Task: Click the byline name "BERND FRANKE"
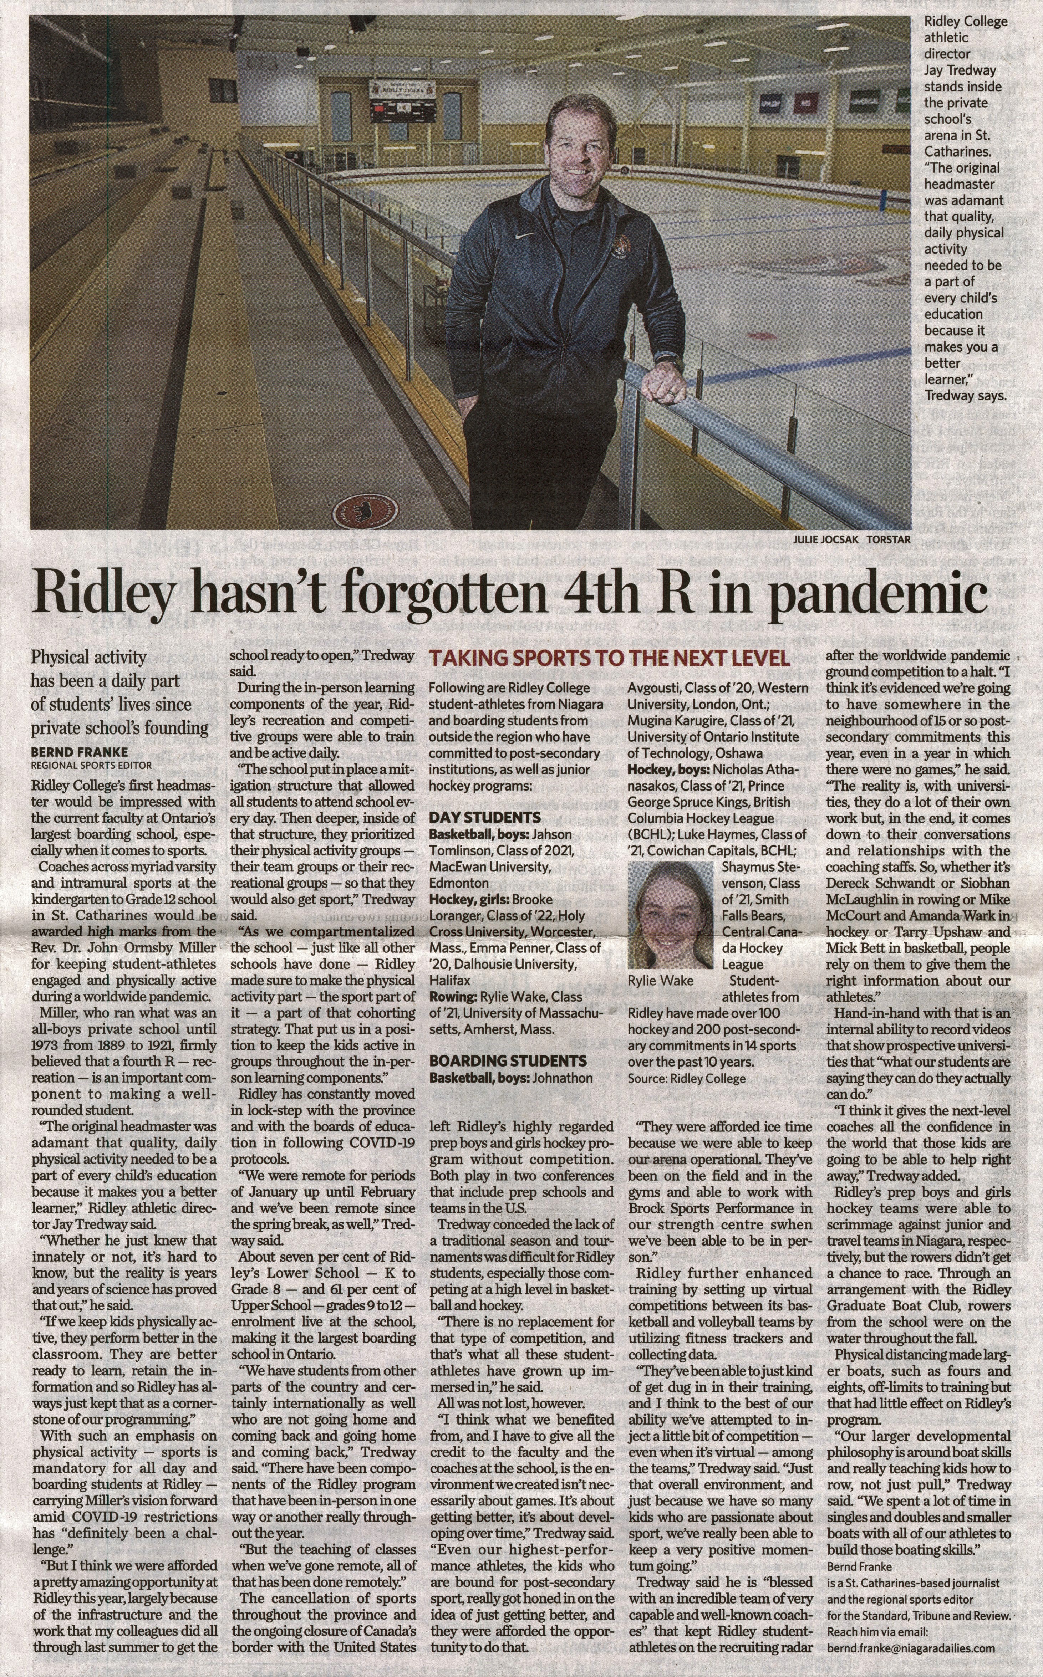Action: click(x=79, y=752)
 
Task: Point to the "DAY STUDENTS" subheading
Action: click(x=484, y=818)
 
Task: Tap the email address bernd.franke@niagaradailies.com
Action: click(x=911, y=1661)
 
